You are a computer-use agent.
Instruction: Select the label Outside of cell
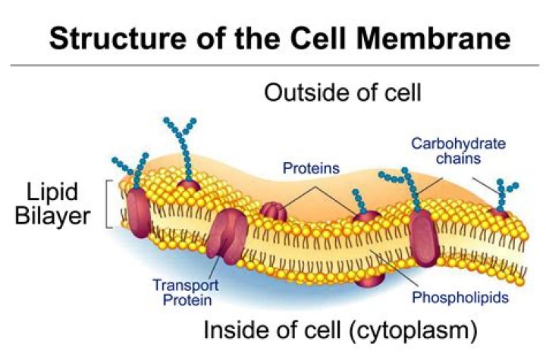click(x=342, y=93)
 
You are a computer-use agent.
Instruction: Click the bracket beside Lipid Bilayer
click(x=111, y=203)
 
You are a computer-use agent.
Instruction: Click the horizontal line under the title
click(x=273, y=65)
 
